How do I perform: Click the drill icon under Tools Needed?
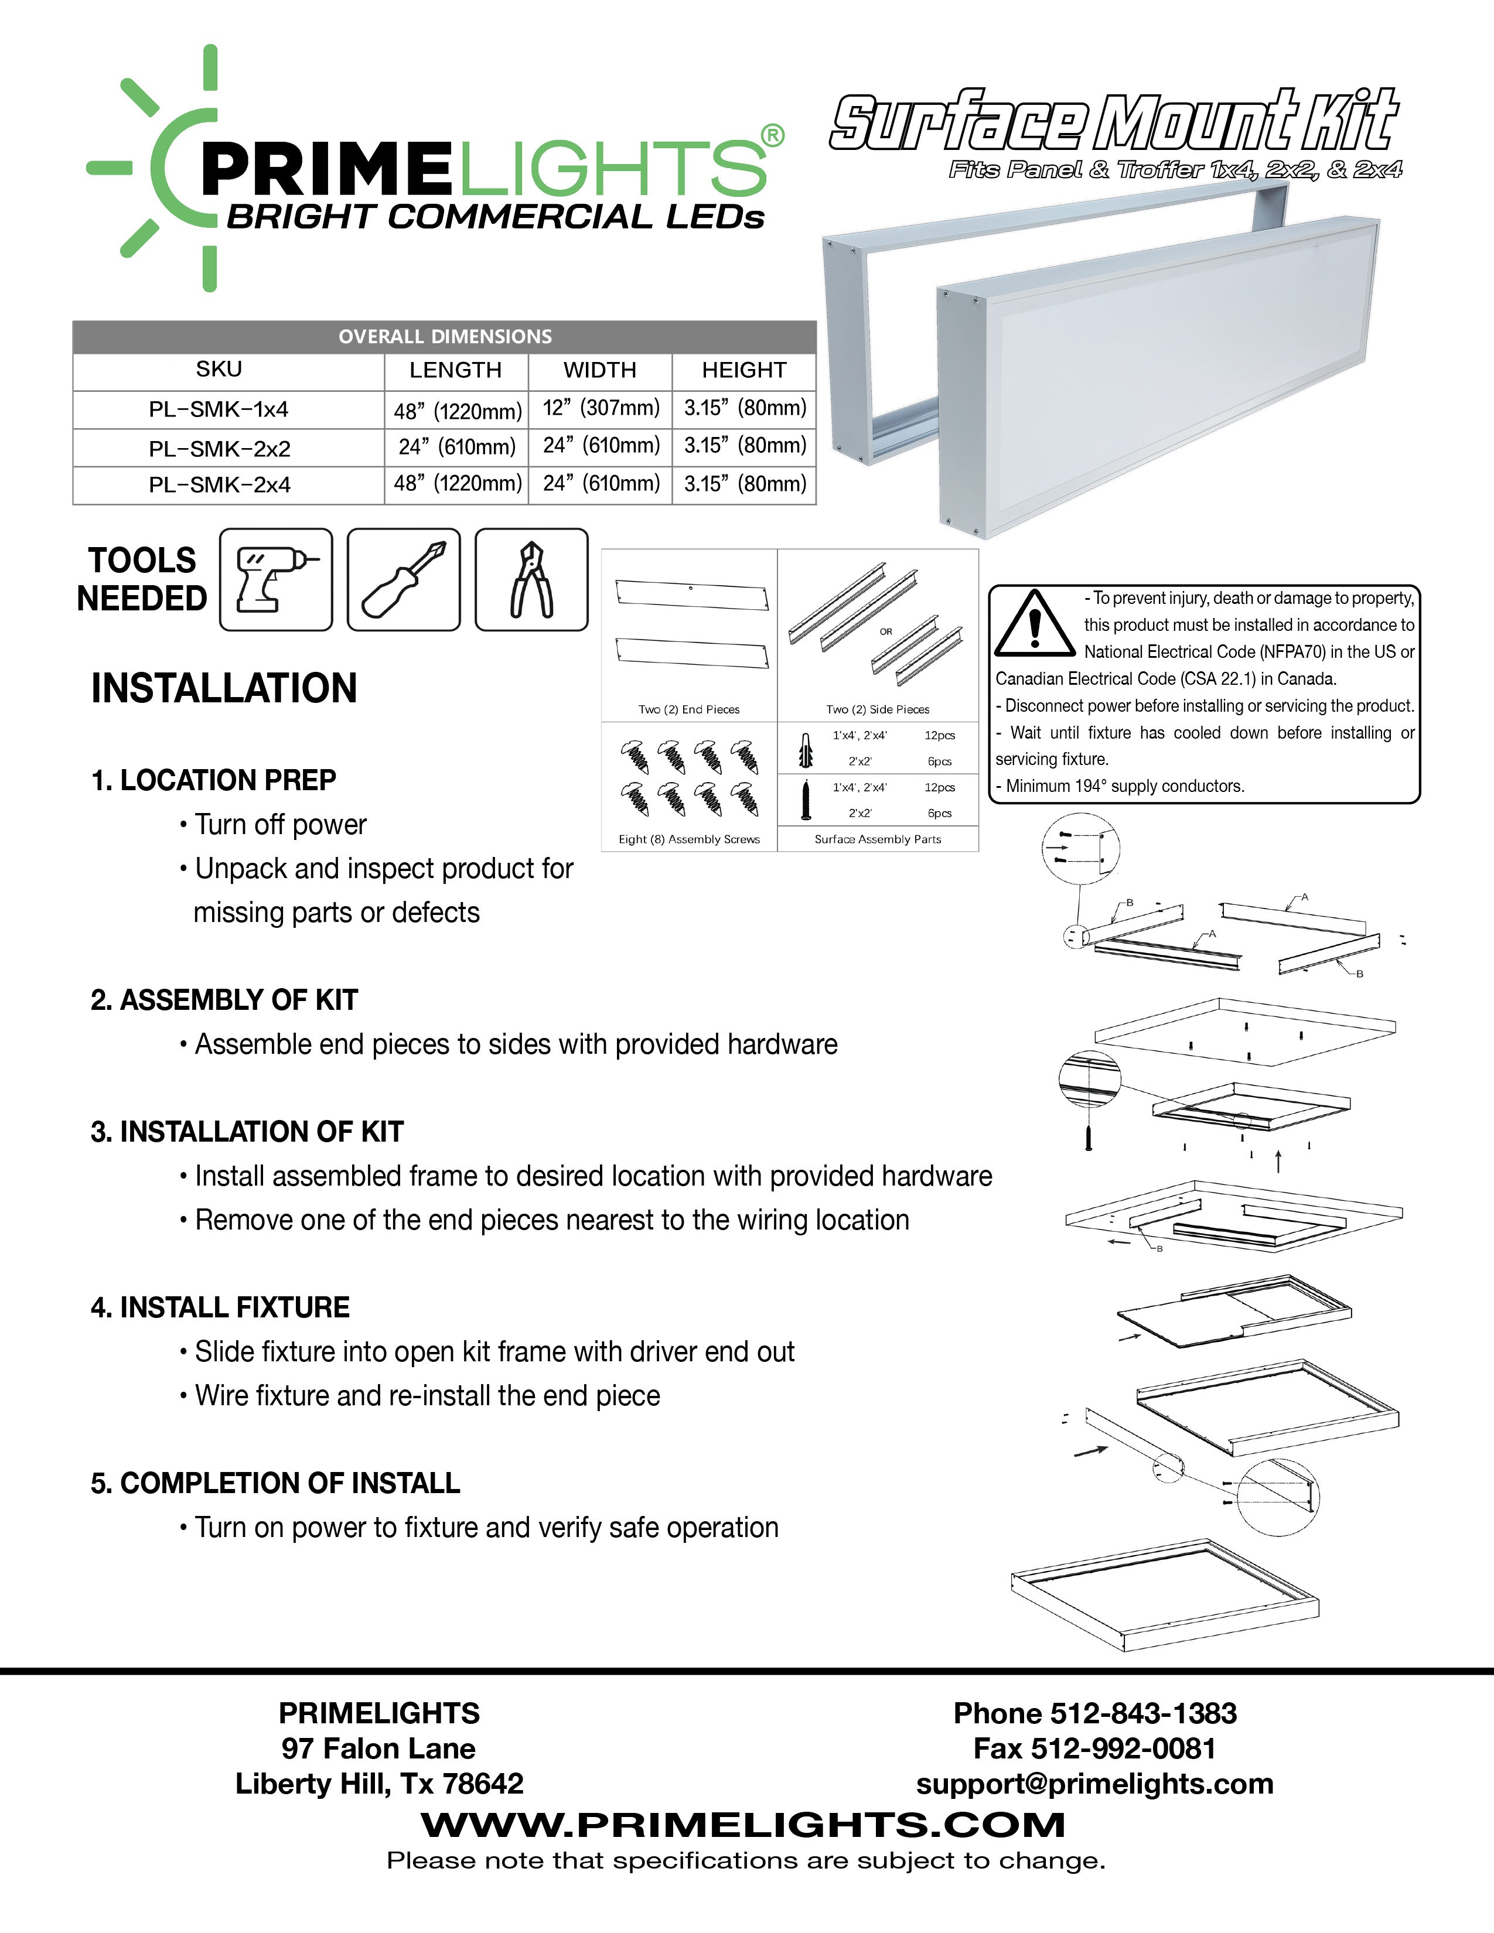(x=275, y=580)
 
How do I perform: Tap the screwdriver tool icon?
(x=404, y=580)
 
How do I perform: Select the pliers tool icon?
(x=531, y=580)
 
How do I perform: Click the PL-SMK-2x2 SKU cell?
(x=220, y=449)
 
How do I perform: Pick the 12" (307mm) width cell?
(x=601, y=408)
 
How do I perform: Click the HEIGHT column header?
(x=743, y=370)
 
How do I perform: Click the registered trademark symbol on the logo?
(x=772, y=135)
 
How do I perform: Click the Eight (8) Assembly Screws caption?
(x=688, y=839)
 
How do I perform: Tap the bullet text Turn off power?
(x=281, y=825)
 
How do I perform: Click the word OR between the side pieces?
(x=886, y=632)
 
